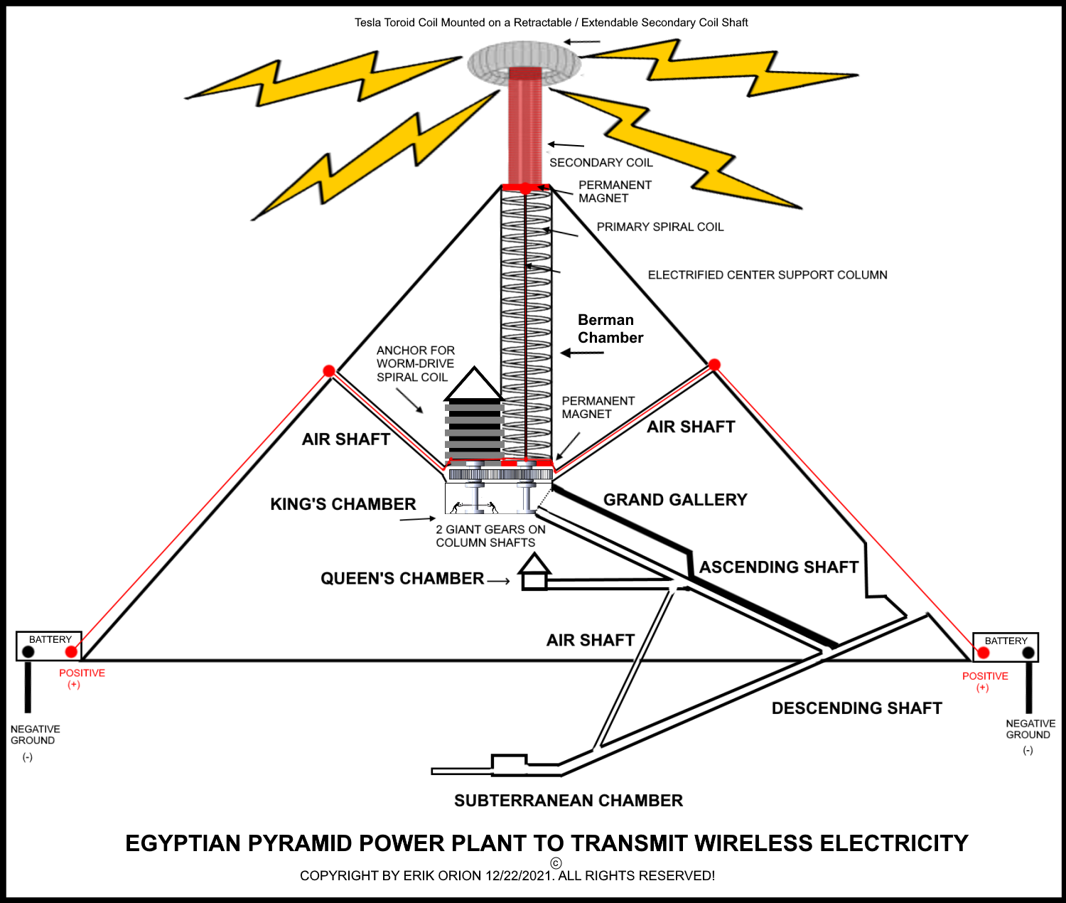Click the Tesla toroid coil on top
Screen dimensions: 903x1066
coord(524,63)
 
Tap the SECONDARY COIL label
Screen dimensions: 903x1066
coord(601,163)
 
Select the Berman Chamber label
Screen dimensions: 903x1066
coord(610,328)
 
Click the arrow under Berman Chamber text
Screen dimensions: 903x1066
coord(582,353)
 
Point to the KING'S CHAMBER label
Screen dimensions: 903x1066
coord(343,504)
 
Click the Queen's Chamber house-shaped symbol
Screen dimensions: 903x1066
coord(534,572)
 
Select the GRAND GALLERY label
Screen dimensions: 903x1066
coord(675,500)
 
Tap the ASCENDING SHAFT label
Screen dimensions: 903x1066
coord(779,567)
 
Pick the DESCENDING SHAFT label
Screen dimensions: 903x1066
coord(856,708)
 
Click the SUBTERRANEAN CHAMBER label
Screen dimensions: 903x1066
coord(568,801)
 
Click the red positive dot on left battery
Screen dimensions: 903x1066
coord(71,651)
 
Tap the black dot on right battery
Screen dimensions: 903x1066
coord(1028,653)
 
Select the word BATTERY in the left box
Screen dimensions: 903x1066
coord(50,639)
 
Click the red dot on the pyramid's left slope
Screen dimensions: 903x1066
coord(329,371)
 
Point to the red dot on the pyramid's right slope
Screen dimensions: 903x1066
coord(714,365)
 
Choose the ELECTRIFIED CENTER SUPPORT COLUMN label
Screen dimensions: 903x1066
coord(768,275)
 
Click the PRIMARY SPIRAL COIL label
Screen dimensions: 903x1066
coord(659,227)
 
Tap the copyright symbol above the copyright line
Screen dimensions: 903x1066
coord(556,863)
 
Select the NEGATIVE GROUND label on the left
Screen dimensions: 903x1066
coord(35,734)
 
